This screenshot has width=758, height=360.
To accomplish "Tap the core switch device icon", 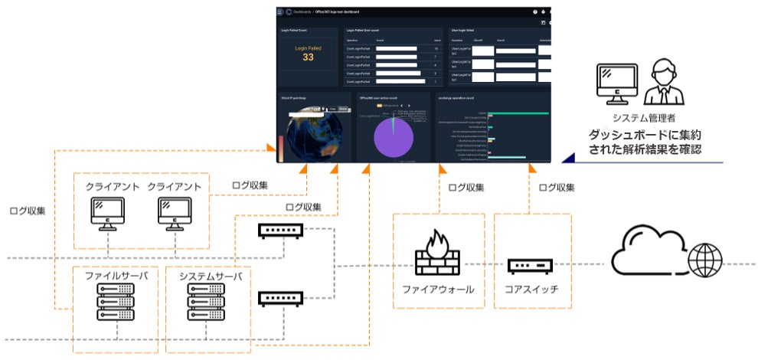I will pos(530,266).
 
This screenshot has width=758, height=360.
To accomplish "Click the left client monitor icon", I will pos(108,214).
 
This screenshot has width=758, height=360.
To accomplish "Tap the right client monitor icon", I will pos(175,214).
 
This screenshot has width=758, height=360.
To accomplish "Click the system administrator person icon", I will pos(662,85).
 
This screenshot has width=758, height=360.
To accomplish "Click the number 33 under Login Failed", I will pos(308,57).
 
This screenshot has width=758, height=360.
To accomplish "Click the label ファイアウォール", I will pos(438,290).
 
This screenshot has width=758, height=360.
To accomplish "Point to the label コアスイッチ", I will pos(531,290).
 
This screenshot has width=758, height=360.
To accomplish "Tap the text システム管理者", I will pos(644,118).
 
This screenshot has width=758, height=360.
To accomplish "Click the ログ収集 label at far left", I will pos(27,210).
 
